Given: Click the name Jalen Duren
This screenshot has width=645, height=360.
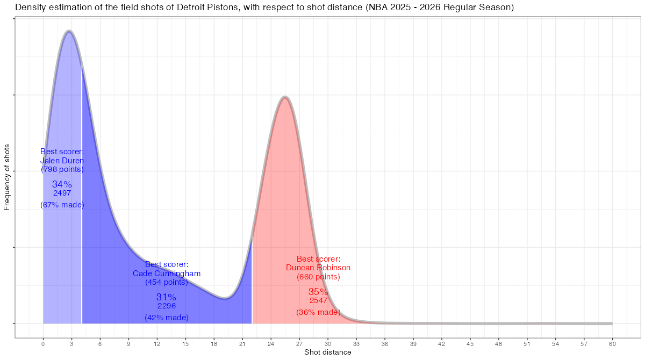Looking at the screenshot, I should pyautogui.click(x=62, y=160).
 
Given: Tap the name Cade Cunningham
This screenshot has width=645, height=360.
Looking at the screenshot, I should pyautogui.click(x=167, y=273).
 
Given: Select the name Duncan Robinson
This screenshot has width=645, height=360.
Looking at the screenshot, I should pyautogui.click(x=318, y=268).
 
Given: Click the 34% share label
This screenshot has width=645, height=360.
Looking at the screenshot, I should pyautogui.click(x=62, y=184).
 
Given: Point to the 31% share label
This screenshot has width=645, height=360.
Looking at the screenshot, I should pyautogui.click(x=166, y=297).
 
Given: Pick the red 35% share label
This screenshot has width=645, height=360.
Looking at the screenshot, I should pyautogui.click(x=318, y=292).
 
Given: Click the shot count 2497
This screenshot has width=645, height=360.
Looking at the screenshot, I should pyautogui.click(x=62, y=193).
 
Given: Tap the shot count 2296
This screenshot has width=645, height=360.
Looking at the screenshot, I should pyautogui.click(x=167, y=306).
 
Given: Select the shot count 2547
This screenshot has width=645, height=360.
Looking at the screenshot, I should pyautogui.click(x=318, y=301).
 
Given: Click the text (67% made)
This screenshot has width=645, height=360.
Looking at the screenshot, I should pyautogui.click(x=62, y=205).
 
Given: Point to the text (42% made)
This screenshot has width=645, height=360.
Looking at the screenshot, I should pyautogui.click(x=167, y=318).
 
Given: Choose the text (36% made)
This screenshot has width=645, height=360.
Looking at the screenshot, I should pyautogui.click(x=318, y=312).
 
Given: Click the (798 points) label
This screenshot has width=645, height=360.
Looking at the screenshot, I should pyautogui.click(x=62, y=169).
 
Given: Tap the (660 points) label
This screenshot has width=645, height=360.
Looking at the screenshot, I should pyautogui.click(x=318, y=277).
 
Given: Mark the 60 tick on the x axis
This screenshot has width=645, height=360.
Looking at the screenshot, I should pyautogui.click(x=612, y=343).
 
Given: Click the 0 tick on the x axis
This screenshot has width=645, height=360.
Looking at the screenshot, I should pyautogui.click(x=43, y=343).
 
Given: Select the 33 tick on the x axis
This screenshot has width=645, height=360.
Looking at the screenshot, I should pyautogui.click(x=356, y=343).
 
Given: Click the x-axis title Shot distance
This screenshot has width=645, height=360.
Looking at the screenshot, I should pyautogui.click(x=327, y=352).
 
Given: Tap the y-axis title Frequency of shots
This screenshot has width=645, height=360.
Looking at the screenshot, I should pyautogui.click(x=7, y=177).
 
